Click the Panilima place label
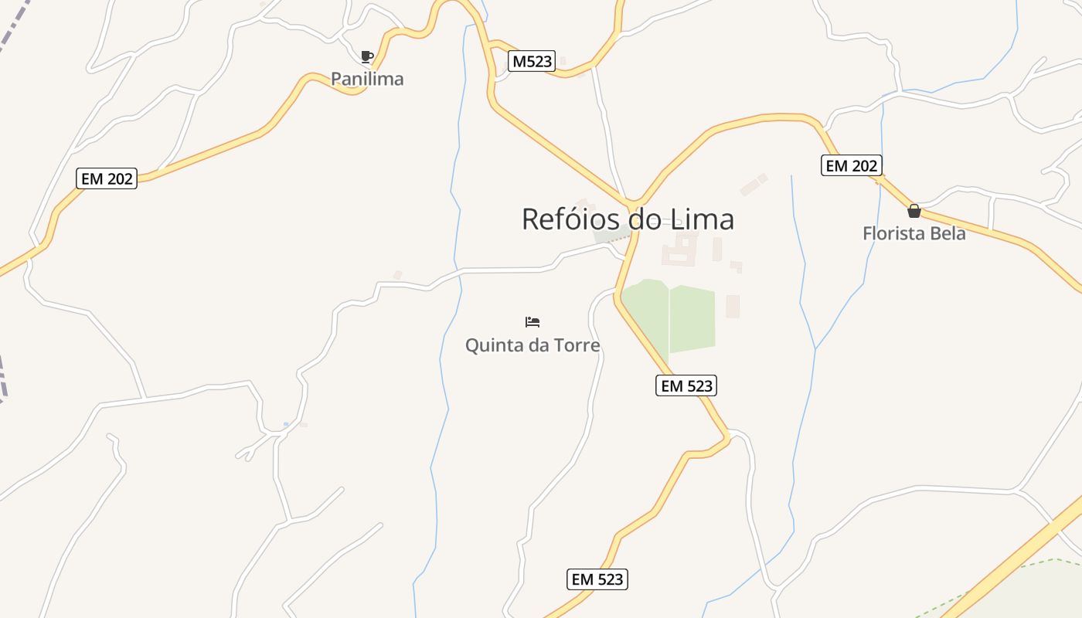click(x=367, y=79)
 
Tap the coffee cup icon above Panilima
click(x=367, y=56)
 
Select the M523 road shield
click(x=532, y=62)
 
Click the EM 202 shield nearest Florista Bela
click(x=851, y=165)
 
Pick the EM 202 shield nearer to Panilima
click(x=107, y=179)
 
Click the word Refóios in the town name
click(x=571, y=219)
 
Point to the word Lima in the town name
click(x=703, y=219)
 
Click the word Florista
click(x=895, y=233)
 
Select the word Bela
click(x=949, y=233)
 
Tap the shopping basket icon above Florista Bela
click(x=914, y=211)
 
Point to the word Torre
click(x=577, y=345)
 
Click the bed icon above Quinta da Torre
click(x=532, y=322)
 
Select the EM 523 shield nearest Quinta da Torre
click(x=686, y=385)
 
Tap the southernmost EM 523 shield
click(x=597, y=579)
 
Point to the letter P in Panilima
click(x=337, y=79)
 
